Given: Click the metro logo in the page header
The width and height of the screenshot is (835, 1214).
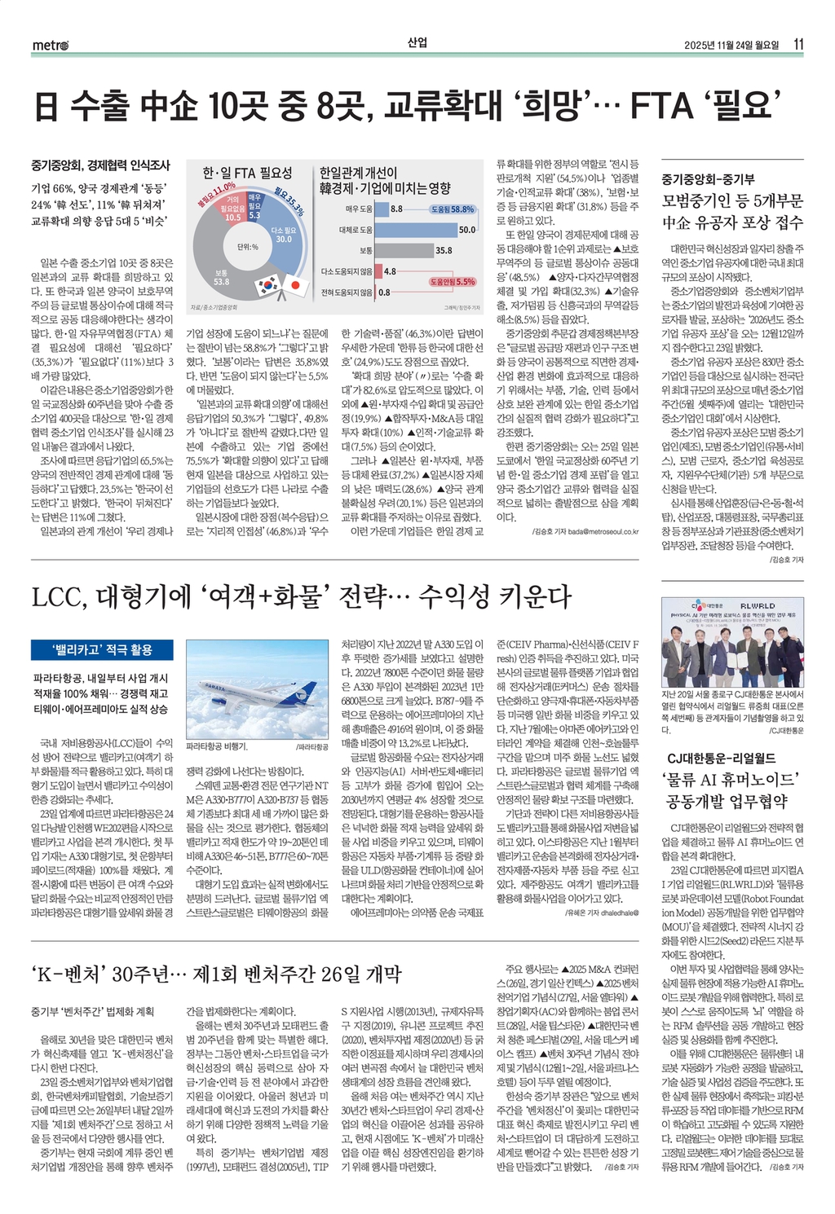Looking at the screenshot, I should pos(50,45).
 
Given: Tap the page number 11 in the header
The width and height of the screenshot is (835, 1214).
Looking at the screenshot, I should pos(798,44).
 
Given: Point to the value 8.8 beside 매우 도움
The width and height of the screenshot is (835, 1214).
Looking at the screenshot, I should pos(396,209).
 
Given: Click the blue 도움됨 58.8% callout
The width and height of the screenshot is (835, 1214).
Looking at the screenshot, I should pos(451,209).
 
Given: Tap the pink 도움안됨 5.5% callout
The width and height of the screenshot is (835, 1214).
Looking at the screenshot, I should pos(453,281).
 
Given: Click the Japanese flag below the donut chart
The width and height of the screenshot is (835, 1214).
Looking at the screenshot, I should pos(294,288).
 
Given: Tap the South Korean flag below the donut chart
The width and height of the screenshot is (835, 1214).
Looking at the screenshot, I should pos(267,288).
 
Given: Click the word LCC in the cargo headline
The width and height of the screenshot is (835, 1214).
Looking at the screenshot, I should pos(58,598).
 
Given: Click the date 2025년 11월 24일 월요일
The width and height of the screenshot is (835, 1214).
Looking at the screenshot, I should pos(731,45).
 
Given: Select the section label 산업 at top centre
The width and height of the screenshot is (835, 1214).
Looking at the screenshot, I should pos(417,43).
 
